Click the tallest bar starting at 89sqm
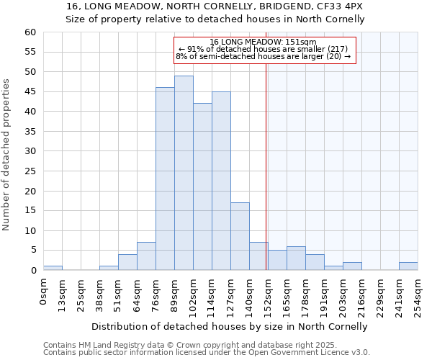(x=184, y=173)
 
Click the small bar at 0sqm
(x=53, y=268)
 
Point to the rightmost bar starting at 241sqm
(x=408, y=266)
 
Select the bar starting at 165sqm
(x=296, y=258)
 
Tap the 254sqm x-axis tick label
(x=418, y=293)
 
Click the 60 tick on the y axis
(x=30, y=32)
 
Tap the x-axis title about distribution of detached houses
(x=230, y=326)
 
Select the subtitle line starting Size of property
(x=215, y=19)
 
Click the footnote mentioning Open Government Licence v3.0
(x=207, y=352)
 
